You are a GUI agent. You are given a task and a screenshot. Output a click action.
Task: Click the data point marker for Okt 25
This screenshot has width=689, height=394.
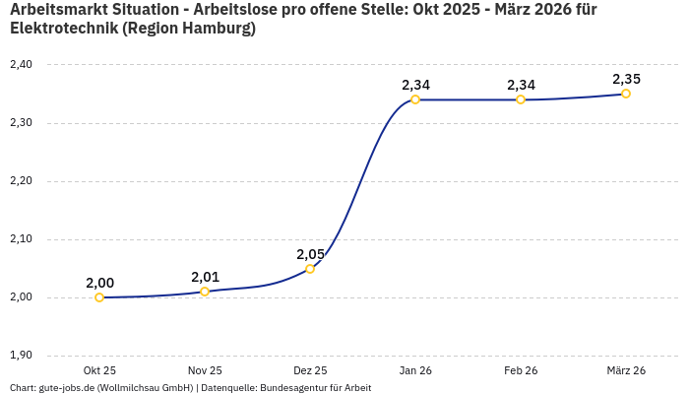coord(99,297)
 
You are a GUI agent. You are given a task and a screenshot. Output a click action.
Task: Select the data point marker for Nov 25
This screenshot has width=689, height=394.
coord(205,292)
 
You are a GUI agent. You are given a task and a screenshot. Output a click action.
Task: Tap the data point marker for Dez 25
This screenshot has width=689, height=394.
coord(310,269)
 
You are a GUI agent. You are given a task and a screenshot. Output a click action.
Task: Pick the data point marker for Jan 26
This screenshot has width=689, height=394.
coord(415,99)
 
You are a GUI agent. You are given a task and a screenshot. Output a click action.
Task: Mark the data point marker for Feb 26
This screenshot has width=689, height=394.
coord(521,99)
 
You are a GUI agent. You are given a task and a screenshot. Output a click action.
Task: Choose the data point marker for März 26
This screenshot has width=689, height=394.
coord(626,94)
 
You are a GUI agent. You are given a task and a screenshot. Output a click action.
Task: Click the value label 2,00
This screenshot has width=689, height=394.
coord(99,283)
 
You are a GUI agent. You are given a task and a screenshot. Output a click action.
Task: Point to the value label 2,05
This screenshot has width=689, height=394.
coord(310,254)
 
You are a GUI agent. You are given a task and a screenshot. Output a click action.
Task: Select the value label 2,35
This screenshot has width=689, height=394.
coord(626,79)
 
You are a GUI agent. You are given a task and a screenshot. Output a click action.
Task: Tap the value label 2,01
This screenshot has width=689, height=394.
coord(205,277)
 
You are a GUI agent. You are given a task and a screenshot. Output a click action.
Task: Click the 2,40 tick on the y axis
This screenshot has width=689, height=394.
coord(21,65)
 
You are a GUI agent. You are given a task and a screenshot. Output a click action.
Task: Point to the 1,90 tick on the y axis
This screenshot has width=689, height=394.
coord(21,356)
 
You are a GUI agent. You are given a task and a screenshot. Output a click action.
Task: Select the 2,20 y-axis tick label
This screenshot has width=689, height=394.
coord(21,181)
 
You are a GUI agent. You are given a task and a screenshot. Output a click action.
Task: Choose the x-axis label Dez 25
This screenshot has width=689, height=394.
coord(310,371)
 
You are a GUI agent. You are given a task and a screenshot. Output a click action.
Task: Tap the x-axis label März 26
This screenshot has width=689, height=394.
coord(626,371)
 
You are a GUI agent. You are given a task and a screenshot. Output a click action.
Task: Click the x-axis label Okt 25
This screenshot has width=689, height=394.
coord(99,371)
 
